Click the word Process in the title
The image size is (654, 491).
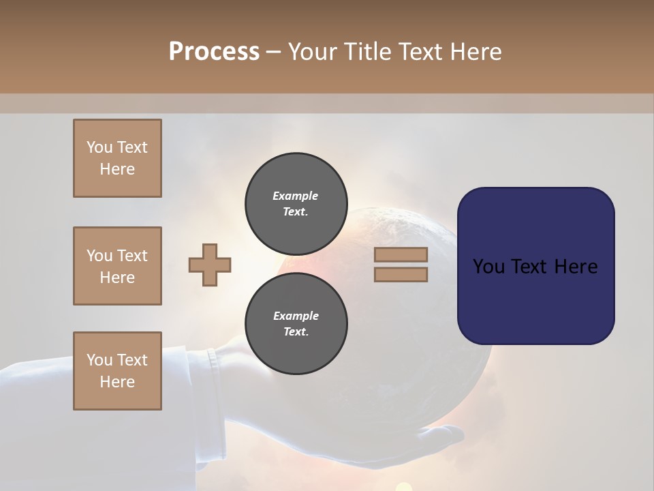pyautogui.click(x=214, y=52)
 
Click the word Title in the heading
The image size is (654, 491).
pyautogui.click(x=368, y=52)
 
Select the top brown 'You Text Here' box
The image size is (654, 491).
pyautogui.click(x=117, y=158)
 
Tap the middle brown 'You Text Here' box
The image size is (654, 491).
pyautogui.click(x=117, y=266)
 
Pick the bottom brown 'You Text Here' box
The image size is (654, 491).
pyautogui.click(x=117, y=371)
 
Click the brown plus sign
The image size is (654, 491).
pyautogui.click(x=210, y=265)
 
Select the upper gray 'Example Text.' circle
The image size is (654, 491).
pyautogui.click(x=296, y=204)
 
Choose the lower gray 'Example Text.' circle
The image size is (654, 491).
pyautogui.click(x=296, y=324)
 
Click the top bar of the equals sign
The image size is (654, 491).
pyautogui.click(x=401, y=255)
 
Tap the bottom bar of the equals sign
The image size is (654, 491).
pyautogui.click(x=401, y=275)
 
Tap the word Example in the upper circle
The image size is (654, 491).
pyautogui.click(x=296, y=196)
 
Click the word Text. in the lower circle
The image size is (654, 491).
pyautogui.click(x=296, y=332)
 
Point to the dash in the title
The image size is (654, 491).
pyautogui.click(x=274, y=52)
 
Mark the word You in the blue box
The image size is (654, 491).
pyautogui.click(x=489, y=267)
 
